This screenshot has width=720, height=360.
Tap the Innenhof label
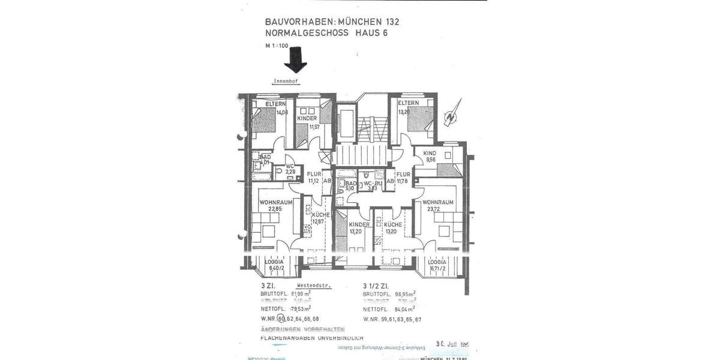[x=286, y=80]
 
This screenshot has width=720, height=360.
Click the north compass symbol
[x=449, y=118]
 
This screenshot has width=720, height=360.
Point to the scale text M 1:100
[x=277, y=46]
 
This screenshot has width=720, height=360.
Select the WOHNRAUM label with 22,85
[x=276, y=205]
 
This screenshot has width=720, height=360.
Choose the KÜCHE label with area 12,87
[x=320, y=218]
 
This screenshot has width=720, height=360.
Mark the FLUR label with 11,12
[x=313, y=177]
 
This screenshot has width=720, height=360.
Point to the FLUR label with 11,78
[x=403, y=177]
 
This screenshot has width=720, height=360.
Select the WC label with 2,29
[x=290, y=169]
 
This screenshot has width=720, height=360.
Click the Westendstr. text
[x=314, y=286]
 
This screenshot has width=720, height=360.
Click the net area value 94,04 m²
[x=402, y=310]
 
